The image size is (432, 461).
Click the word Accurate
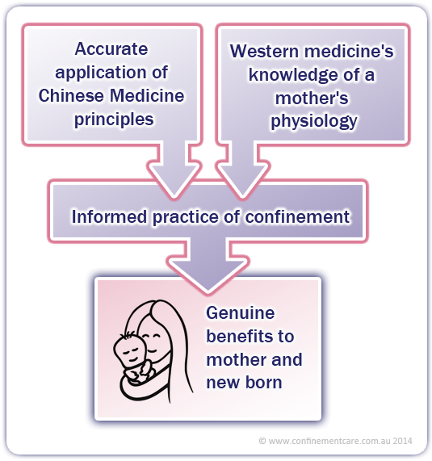click(x=111, y=48)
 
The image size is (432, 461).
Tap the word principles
click(x=114, y=120)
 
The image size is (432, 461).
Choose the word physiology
click(x=314, y=121)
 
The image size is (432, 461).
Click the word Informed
click(x=109, y=216)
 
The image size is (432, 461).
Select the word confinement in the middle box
click(x=298, y=216)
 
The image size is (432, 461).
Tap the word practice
click(x=186, y=217)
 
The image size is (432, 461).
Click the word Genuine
click(x=241, y=312)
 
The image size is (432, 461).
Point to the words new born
click(x=244, y=382)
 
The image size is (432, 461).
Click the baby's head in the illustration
click(x=130, y=350)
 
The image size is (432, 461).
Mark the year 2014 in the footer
click(x=403, y=441)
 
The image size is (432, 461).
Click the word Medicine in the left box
click(x=147, y=95)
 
